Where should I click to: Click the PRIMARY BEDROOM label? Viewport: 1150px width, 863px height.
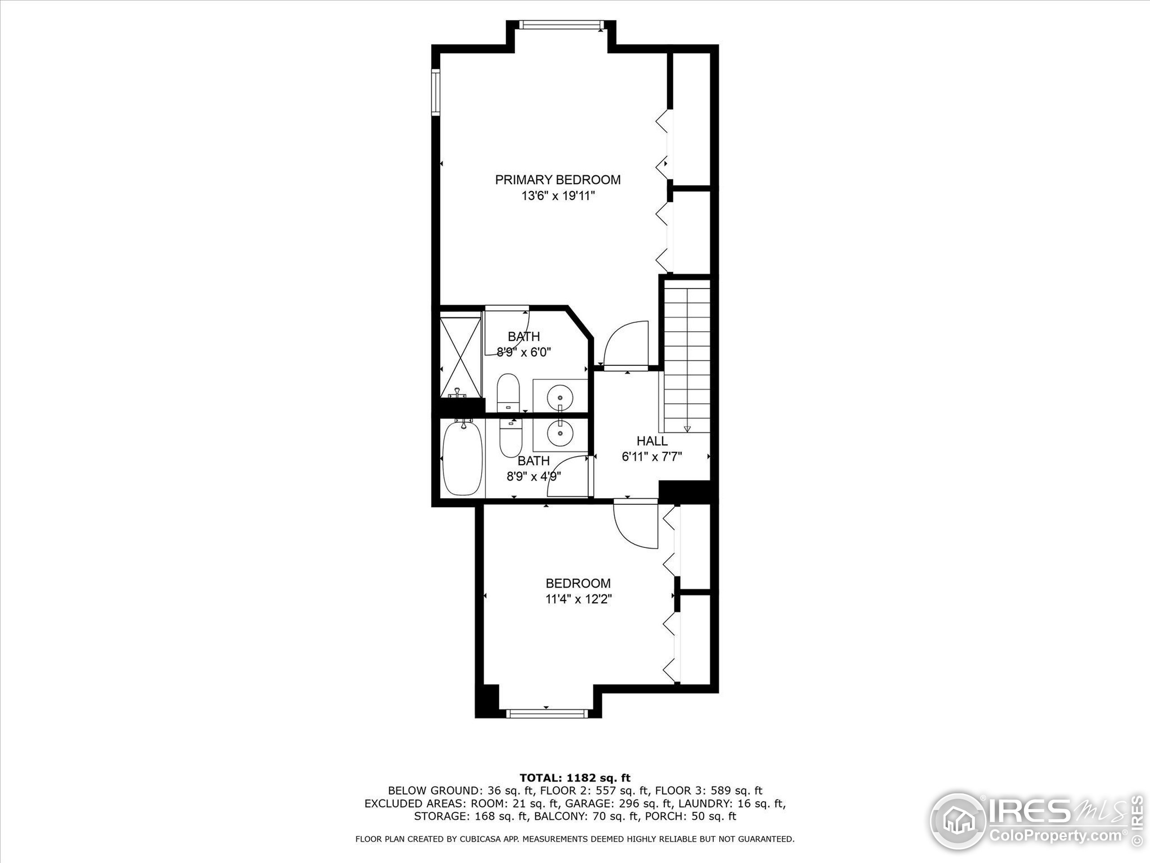point(557,180)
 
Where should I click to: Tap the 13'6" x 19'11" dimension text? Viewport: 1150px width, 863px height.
point(557,196)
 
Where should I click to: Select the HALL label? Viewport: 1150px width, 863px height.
point(652,441)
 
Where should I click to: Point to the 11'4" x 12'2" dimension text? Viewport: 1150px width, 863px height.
point(578,599)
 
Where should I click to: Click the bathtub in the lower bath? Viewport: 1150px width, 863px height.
point(462,458)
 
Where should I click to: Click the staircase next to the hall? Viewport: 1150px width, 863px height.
point(687,359)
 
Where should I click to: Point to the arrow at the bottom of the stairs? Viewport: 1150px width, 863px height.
point(687,429)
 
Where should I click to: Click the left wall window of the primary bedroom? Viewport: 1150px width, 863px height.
point(436,92)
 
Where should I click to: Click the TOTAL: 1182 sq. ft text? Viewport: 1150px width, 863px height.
point(575,778)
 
